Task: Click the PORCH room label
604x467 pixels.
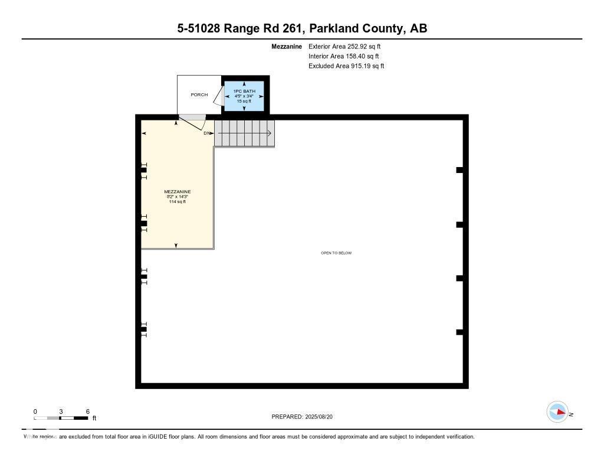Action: coord(199,94)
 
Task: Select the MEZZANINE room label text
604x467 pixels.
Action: coord(177,192)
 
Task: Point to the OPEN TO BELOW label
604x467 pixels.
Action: coord(336,253)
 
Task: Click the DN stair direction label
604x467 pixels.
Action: coord(206,133)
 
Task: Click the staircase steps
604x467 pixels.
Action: coord(244,133)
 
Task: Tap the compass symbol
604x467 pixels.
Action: coord(557,412)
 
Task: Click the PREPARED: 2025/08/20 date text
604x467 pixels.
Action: coord(306,417)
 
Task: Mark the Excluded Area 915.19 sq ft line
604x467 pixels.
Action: coord(346,66)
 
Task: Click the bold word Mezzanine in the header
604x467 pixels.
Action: coord(287,46)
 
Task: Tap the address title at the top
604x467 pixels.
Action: coord(302,28)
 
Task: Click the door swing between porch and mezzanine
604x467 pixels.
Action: coord(193,122)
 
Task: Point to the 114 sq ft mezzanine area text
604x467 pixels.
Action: coord(177,202)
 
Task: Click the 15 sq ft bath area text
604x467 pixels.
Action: coord(244,101)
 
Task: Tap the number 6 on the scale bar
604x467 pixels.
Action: coord(87,412)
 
